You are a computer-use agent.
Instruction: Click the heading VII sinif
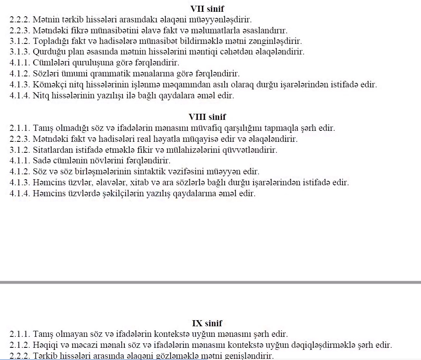point(207,9)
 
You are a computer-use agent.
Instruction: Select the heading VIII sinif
point(207,117)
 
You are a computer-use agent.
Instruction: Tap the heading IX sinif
point(207,323)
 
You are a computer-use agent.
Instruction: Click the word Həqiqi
point(46,345)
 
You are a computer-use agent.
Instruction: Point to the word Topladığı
point(50,41)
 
